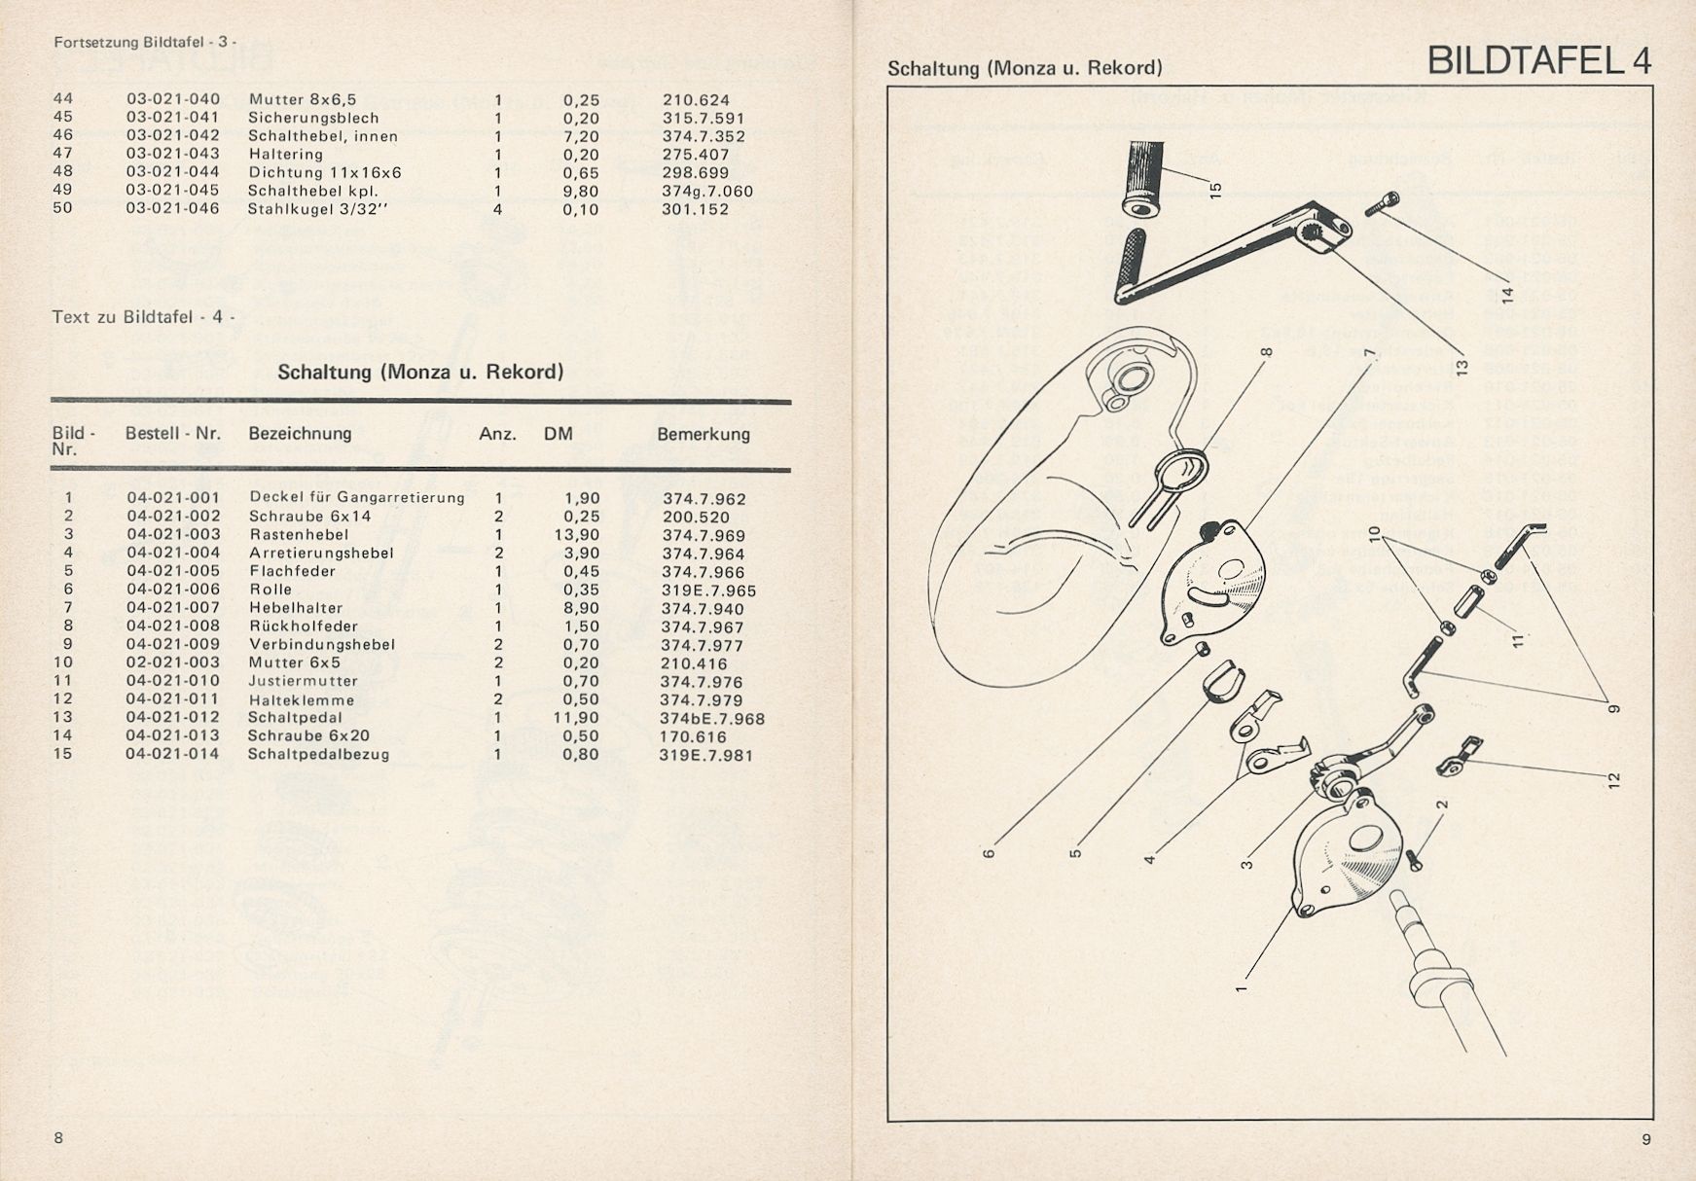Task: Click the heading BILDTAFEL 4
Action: (1538, 61)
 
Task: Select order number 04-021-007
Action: (173, 608)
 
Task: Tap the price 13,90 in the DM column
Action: (581, 534)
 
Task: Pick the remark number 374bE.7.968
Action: (712, 719)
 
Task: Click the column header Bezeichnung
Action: (300, 434)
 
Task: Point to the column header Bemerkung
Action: (703, 434)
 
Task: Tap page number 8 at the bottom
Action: (58, 1137)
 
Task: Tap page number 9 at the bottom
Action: (1646, 1139)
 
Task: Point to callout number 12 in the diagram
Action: (1613, 779)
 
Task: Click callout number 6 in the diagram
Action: (989, 854)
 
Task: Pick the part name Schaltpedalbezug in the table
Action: (318, 754)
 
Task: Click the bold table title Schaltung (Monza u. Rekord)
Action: (420, 372)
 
